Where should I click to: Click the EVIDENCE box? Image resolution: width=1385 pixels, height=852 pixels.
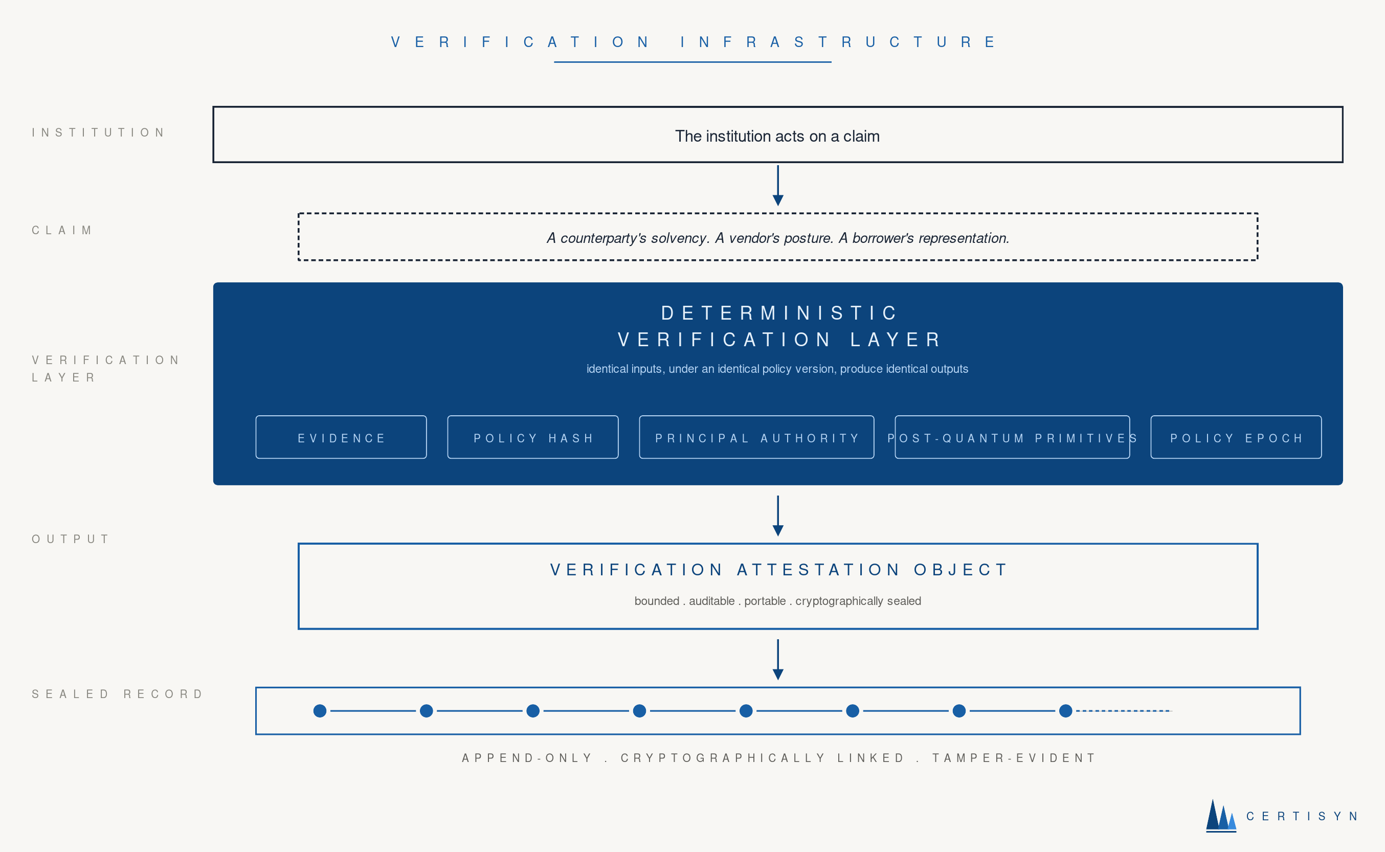[341, 437]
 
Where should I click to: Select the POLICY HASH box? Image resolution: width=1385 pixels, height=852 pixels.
[532, 437]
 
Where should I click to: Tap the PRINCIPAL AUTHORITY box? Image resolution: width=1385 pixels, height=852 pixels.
[756, 437]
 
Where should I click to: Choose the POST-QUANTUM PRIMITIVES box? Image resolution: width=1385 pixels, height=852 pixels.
[1012, 437]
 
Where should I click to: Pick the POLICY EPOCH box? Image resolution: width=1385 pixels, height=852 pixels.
[1236, 437]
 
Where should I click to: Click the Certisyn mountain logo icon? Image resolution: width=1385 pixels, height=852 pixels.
[1220, 815]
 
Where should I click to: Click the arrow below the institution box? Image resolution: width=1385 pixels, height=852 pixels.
[777, 186]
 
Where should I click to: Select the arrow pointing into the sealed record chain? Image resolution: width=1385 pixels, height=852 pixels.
[777, 659]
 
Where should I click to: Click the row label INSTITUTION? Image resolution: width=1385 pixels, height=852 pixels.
[99, 132]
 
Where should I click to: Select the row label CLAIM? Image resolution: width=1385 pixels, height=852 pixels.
[62, 230]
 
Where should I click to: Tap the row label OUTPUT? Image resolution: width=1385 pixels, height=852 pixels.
[71, 539]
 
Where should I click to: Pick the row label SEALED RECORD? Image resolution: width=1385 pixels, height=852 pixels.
[117, 694]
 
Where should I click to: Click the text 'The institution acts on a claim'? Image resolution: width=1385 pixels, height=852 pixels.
[777, 137]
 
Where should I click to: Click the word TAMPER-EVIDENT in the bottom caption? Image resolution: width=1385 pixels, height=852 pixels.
[1014, 758]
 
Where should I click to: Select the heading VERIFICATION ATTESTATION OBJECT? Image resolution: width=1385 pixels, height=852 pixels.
[778, 570]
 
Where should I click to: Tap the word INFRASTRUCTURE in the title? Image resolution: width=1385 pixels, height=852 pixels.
[838, 42]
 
